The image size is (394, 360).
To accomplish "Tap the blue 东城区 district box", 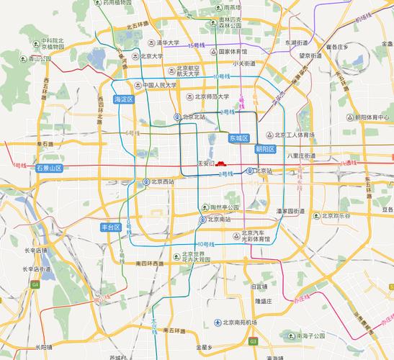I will (x=238, y=138).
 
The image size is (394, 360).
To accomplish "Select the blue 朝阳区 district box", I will (x=266, y=149).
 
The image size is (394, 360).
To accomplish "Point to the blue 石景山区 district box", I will (x=49, y=168).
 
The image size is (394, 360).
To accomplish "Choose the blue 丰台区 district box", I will (x=110, y=227).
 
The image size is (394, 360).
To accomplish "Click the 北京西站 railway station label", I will (x=163, y=181).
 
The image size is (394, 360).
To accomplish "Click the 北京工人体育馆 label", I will (x=295, y=135).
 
